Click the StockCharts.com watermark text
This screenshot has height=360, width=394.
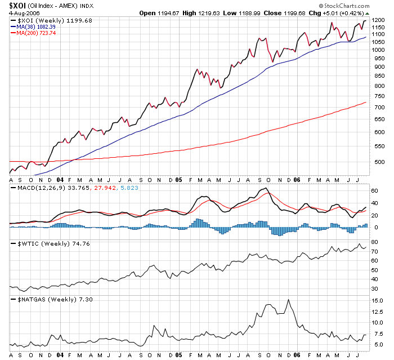[349, 6]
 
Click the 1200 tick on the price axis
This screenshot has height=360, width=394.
[378, 20]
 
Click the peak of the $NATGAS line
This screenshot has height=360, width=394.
[289, 300]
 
